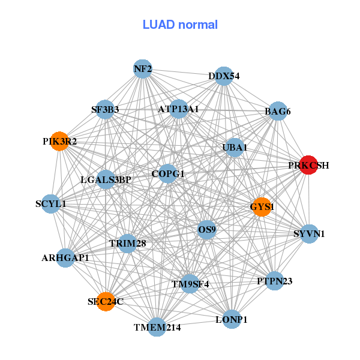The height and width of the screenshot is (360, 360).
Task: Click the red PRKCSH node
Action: (308, 165)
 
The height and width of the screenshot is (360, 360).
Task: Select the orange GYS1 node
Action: (262, 207)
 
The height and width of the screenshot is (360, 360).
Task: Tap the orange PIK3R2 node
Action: (59, 142)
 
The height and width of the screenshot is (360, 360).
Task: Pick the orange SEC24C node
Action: (106, 302)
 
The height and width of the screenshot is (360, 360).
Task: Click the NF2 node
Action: (142, 69)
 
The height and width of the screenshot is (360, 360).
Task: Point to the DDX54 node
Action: (224, 76)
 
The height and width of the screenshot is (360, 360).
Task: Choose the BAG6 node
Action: (278, 111)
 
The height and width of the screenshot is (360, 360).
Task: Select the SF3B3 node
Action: (105, 109)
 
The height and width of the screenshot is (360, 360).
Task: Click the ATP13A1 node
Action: (179, 109)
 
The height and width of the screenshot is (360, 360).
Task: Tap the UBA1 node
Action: (235, 147)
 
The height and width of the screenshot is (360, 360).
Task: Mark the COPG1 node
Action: (168, 174)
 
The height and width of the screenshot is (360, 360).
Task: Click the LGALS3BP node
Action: (106, 179)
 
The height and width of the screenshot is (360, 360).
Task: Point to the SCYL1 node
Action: (51, 204)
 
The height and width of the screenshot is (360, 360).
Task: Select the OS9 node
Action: (206, 229)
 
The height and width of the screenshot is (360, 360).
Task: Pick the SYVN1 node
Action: (309, 233)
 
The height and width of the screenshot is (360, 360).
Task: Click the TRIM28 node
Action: (127, 243)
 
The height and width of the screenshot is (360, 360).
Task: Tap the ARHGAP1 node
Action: (65, 257)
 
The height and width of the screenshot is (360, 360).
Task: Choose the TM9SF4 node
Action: (190, 284)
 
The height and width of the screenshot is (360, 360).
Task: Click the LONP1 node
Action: (231, 320)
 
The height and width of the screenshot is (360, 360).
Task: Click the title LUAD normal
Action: (180, 25)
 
